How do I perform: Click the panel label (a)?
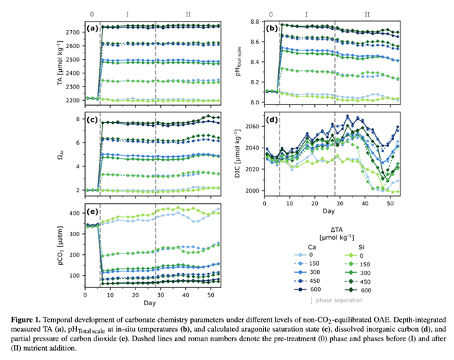click(92, 29)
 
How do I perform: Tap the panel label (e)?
click(92, 211)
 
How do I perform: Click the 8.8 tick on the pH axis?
click(254, 22)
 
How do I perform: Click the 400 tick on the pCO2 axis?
click(74, 213)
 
